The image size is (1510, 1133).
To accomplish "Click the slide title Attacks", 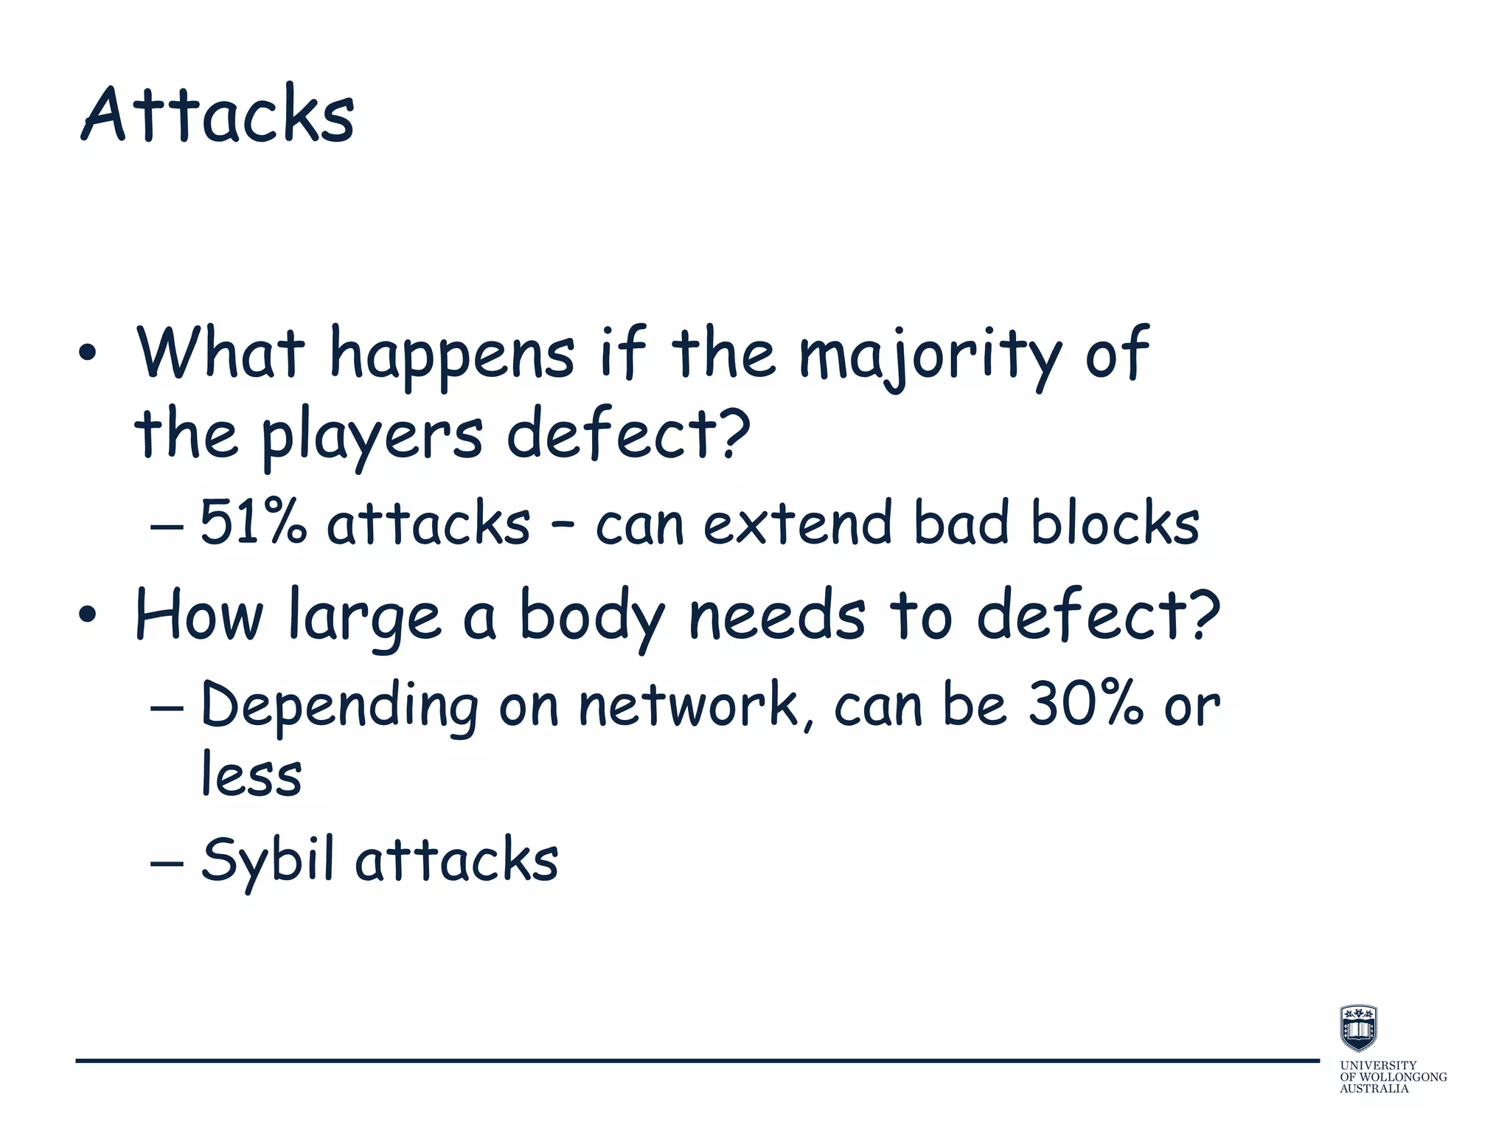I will point(218,114).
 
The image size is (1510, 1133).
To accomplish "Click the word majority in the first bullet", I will point(930,355).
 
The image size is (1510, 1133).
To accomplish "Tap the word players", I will point(373,435).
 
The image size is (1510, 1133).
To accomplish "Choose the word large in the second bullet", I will point(364,617).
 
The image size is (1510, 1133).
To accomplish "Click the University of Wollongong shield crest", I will point(1358,1028).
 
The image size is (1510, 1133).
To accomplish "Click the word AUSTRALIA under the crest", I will point(1374,1089).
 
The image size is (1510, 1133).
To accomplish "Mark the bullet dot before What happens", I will point(87,355).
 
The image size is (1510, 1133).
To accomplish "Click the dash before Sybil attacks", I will point(166,862).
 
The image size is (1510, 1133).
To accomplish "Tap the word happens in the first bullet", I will point(451,355).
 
